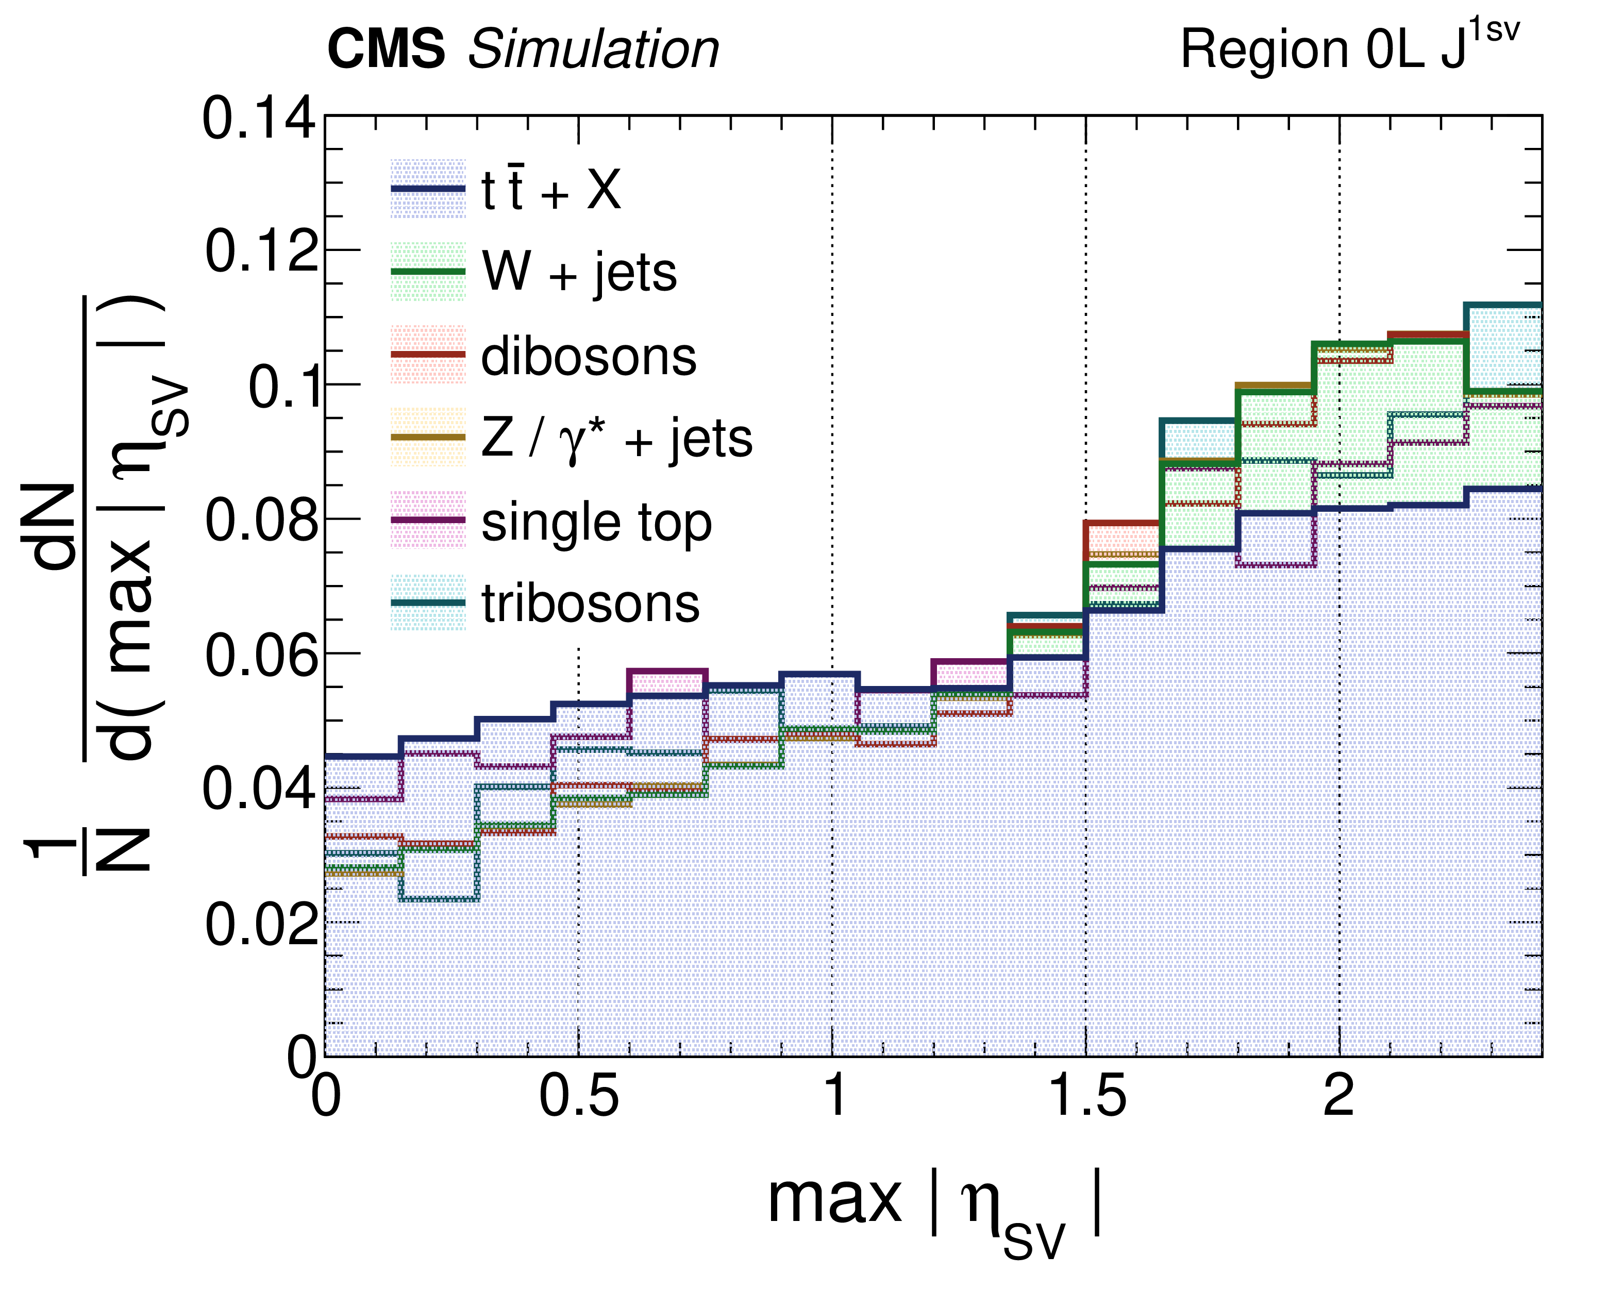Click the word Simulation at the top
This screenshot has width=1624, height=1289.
click(594, 49)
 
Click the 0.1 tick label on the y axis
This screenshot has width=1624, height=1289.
click(282, 387)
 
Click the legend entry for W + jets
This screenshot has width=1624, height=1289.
click(578, 272)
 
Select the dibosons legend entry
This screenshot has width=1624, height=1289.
click(588, 356)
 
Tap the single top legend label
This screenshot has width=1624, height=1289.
click(596, 522)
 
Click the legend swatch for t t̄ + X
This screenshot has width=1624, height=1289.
click(428, 189)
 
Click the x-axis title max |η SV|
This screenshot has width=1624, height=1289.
click(934, 1206)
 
